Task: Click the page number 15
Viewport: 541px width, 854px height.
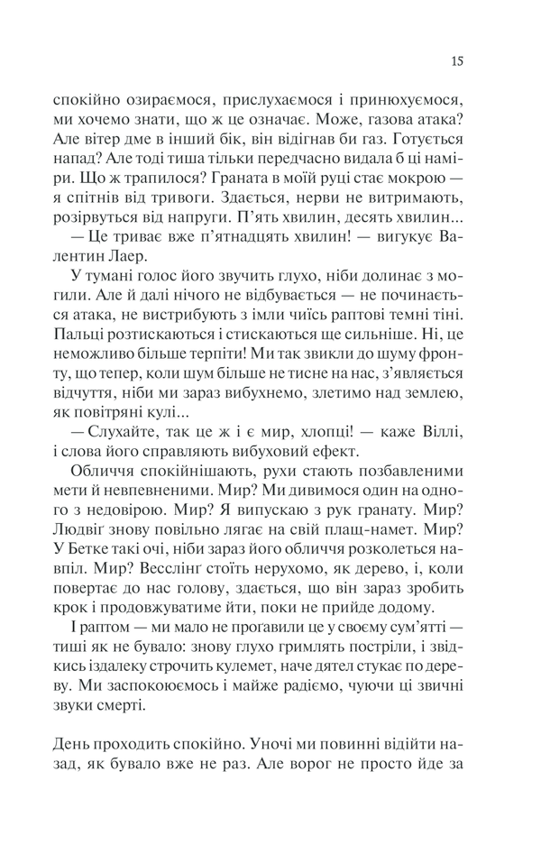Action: pyautogui.click(x=457, y=62)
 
